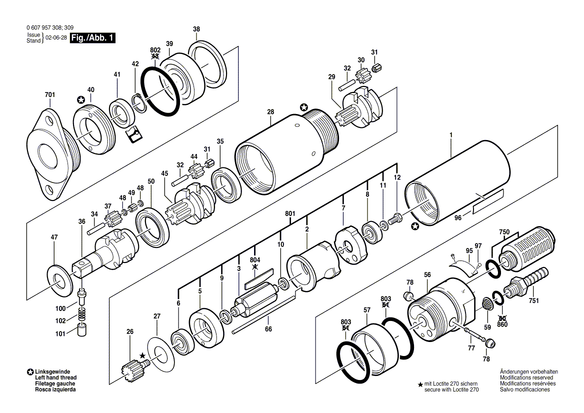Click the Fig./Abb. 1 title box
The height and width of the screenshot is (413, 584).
(92, 38)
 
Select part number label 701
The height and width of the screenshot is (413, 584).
(50, 95)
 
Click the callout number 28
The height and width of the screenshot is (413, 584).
(270, 111)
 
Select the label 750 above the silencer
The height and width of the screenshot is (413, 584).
(504, 232)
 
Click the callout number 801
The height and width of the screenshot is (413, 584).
(290, 214)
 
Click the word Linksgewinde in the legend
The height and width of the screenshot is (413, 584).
(52, 371)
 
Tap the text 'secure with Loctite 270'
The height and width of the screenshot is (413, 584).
(451, 389)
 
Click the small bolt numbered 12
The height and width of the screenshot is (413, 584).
(395, 219)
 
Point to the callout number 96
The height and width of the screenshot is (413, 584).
(457, 217)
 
